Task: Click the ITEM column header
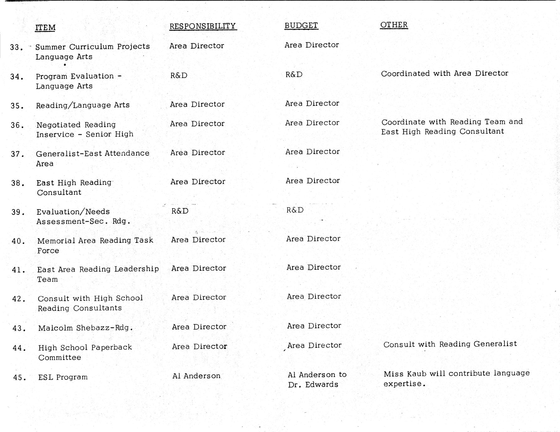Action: (x=45, y=28)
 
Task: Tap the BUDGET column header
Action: (x=301, y=25)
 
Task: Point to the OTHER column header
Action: (x=394, y=25)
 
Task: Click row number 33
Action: (x=16, y=48)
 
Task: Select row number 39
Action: (x=18, y=212)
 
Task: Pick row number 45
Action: (x=19, y=378)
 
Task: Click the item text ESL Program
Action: (x=63, y=377)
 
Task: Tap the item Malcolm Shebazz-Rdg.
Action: (x=85, y=328)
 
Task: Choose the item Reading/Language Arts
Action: (x=83, y=105)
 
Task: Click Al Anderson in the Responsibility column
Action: (x=196, y=376)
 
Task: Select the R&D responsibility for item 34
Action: (x=179, y=75)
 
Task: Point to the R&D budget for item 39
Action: (x=295, y=210)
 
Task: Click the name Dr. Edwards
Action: (x=313, y=384)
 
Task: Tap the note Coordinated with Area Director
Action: (x=444, y=74)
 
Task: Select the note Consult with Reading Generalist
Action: (x=450, y=344)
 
